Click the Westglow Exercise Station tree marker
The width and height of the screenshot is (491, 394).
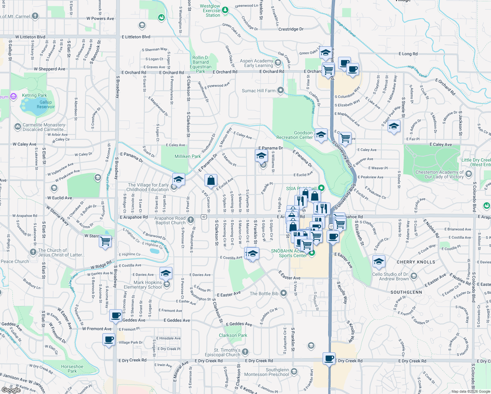point(225,10)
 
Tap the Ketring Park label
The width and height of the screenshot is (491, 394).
point(34,95)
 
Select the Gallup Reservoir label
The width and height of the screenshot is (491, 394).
point(46,104)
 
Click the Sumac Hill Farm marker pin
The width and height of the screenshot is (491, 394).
point(280,90)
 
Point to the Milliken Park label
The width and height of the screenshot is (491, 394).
point(187,156)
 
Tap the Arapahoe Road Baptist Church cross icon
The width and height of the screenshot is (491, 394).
point(191,219)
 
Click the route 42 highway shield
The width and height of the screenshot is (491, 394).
point(204,217)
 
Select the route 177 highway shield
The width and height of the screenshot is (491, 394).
point(331,227)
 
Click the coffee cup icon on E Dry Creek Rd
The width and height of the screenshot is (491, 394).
point(329,358)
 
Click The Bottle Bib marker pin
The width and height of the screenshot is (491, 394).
point(284,293)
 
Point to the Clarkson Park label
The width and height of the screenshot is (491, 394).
point(233,335)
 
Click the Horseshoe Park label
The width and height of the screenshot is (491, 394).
point(72,369)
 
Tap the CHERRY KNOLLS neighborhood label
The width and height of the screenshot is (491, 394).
point(416,262)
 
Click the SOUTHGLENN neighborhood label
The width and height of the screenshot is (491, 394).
point(406,292)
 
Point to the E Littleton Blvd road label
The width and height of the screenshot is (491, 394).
point(136,37)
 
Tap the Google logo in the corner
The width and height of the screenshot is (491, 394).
point(11,390)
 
